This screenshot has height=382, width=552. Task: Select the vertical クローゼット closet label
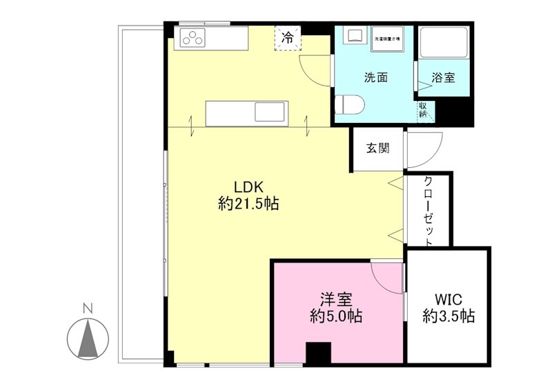(428, 211)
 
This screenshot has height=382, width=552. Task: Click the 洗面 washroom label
(376, 77)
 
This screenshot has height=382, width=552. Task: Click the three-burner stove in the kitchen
(194, 39)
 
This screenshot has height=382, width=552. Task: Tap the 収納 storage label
(422, 109)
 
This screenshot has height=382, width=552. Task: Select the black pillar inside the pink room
(318, 353)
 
